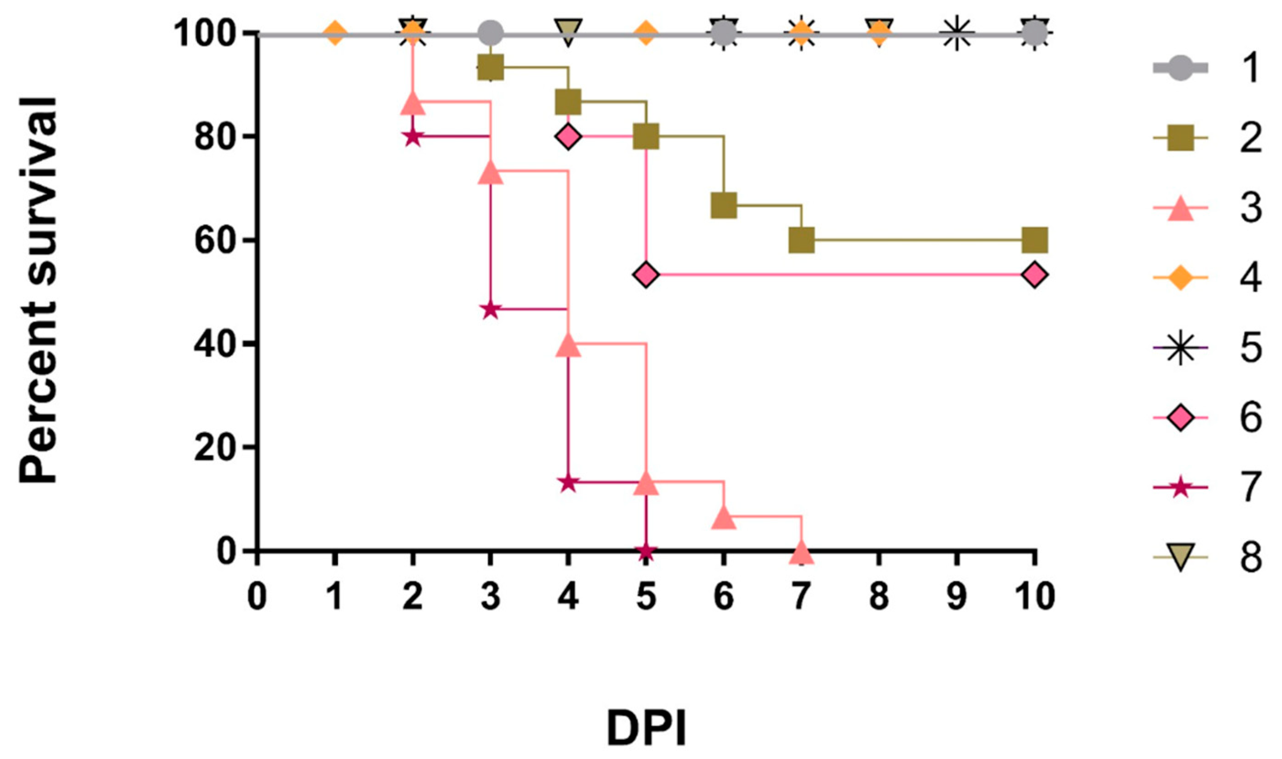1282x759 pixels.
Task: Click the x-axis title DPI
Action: [x=646, y=728]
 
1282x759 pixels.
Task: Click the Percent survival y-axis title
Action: [x=38, y=290]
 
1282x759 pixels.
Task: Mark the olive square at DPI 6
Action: [x=723, y=206]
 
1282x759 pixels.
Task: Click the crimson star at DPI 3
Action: [x=490, y=309]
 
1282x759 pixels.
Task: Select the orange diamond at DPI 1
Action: [x=334, y=34]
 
